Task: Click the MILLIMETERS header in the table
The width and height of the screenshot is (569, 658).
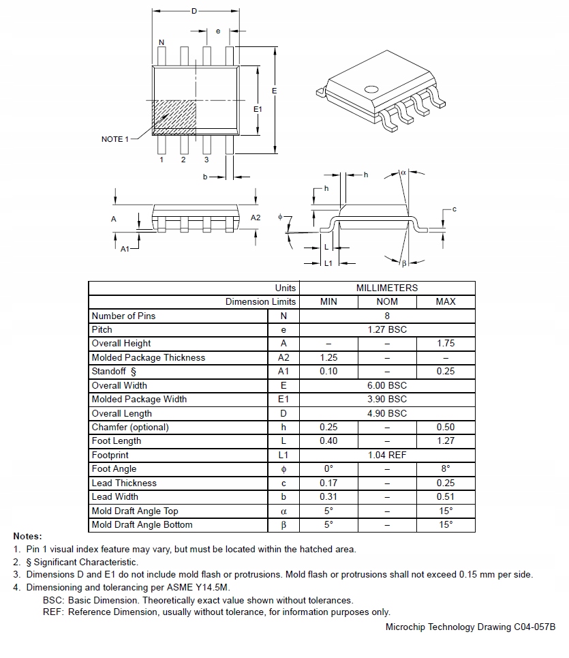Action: [386, 288]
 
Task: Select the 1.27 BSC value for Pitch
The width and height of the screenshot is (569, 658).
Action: [386, 329]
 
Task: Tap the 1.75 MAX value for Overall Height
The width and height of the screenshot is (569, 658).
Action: [445, 344]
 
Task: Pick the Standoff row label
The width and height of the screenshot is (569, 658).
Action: [114, 372]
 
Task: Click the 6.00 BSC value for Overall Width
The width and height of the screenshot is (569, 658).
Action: [386, 385]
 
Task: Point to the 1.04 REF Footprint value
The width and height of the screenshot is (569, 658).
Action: [386, 455]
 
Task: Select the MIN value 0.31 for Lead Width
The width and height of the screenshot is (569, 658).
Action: [328, 496]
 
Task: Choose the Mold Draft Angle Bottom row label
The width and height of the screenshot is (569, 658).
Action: [142, 524]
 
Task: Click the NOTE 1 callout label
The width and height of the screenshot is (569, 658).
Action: [114, 139]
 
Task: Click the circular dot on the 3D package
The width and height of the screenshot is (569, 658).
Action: [371, 89]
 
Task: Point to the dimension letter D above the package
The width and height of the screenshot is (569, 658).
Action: [194, 12]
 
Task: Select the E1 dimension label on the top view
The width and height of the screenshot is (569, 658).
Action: [258, 109]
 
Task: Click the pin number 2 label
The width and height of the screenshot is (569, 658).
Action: [183, 160]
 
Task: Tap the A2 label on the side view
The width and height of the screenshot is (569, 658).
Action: [255, 218]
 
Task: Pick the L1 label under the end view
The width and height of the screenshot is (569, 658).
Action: [328, 263]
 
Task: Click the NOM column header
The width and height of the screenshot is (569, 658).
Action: [386, 301]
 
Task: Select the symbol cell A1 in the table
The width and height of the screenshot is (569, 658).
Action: [283, 372]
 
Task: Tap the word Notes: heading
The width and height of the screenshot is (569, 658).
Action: [27, 537]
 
